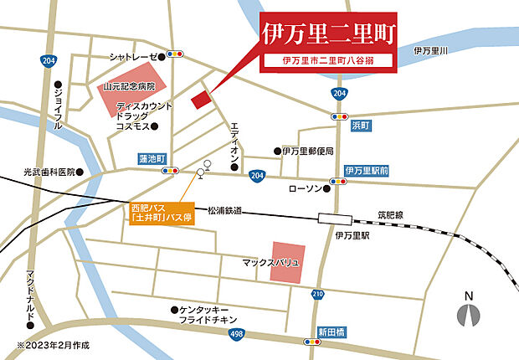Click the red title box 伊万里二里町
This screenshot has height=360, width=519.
(x=327, y=34)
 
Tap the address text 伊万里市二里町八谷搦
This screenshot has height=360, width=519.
(x=326, y=61)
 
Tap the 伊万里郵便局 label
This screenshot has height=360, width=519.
(x=308, y=152)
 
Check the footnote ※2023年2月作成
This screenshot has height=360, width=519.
(x=52, y=345)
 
